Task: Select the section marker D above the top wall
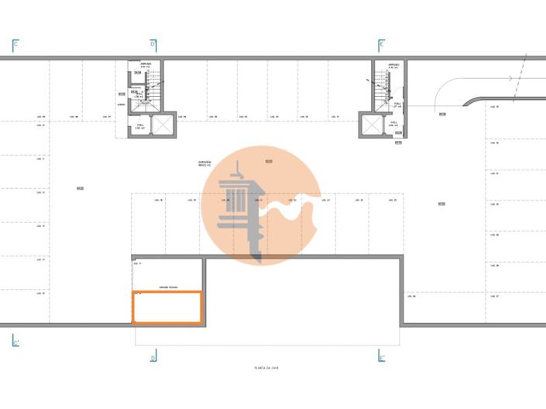click(x=153, y=45)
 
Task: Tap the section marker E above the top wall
click(x=381, y=45)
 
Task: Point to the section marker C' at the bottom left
click(x=15, y=342)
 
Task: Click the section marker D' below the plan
click(x=153, y=357)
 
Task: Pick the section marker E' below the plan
click(x=381, y=357)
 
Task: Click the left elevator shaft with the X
click(x=165, y=124)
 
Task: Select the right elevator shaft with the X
click(x=371, y=124)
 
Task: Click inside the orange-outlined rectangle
click(x=167, y=307)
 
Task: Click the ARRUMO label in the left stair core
click(x=145, y=64)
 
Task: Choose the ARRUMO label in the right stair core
click(x=393, y=64)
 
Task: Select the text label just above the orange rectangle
click(x=168, y=287)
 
